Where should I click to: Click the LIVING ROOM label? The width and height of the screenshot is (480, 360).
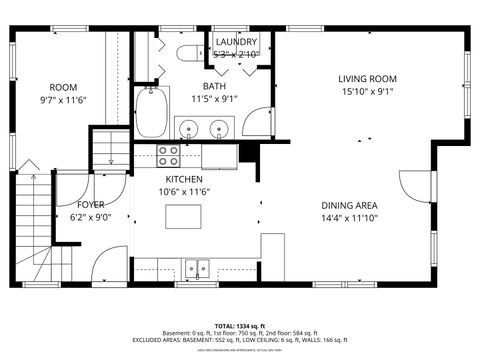click(x=367, y=78)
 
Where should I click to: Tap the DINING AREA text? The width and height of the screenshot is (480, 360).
click(x=348, y=204)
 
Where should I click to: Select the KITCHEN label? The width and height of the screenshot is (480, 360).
click(x=184, y=179)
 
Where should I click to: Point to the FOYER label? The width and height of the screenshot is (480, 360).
click(x=92, y=204)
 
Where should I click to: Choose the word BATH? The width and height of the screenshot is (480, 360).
click(x=214, y=86)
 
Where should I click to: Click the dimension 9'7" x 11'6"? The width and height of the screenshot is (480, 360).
click(x=64, y=100)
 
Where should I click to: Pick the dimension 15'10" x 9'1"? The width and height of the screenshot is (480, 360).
click(x=367, y=91)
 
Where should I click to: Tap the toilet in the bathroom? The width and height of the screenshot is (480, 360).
click(x=187, y=52)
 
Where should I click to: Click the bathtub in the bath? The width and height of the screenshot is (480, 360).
click(x=153, y=112)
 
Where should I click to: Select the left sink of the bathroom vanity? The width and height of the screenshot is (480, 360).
click(x=188, y=128)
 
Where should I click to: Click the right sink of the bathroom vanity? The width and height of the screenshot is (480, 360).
click(x=218, y=128)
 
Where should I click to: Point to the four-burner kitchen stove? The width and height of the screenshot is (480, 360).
click(x=169, y=155)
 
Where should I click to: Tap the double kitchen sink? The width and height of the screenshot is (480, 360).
click(x=197, y=267)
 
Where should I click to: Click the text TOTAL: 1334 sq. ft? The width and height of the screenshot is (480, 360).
click(x=239, y=326)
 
